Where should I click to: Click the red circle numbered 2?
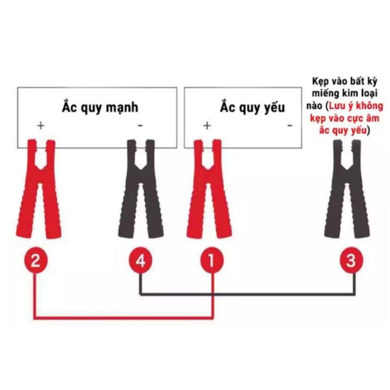[x=35, y=261]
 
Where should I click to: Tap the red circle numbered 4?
[x=141, y=261]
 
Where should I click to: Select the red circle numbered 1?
[x=212, y=261]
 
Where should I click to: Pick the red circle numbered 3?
[x=351, y=261]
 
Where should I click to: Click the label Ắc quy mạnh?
[x=100, y=107]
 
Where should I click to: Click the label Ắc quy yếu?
[x=252, y=107]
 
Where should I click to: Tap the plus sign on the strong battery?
[x=40, y=125]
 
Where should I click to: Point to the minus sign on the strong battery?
[x=140, y=125]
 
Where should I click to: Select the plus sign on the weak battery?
[x=207, y=125]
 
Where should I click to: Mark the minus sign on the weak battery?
[x=290, y=125]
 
